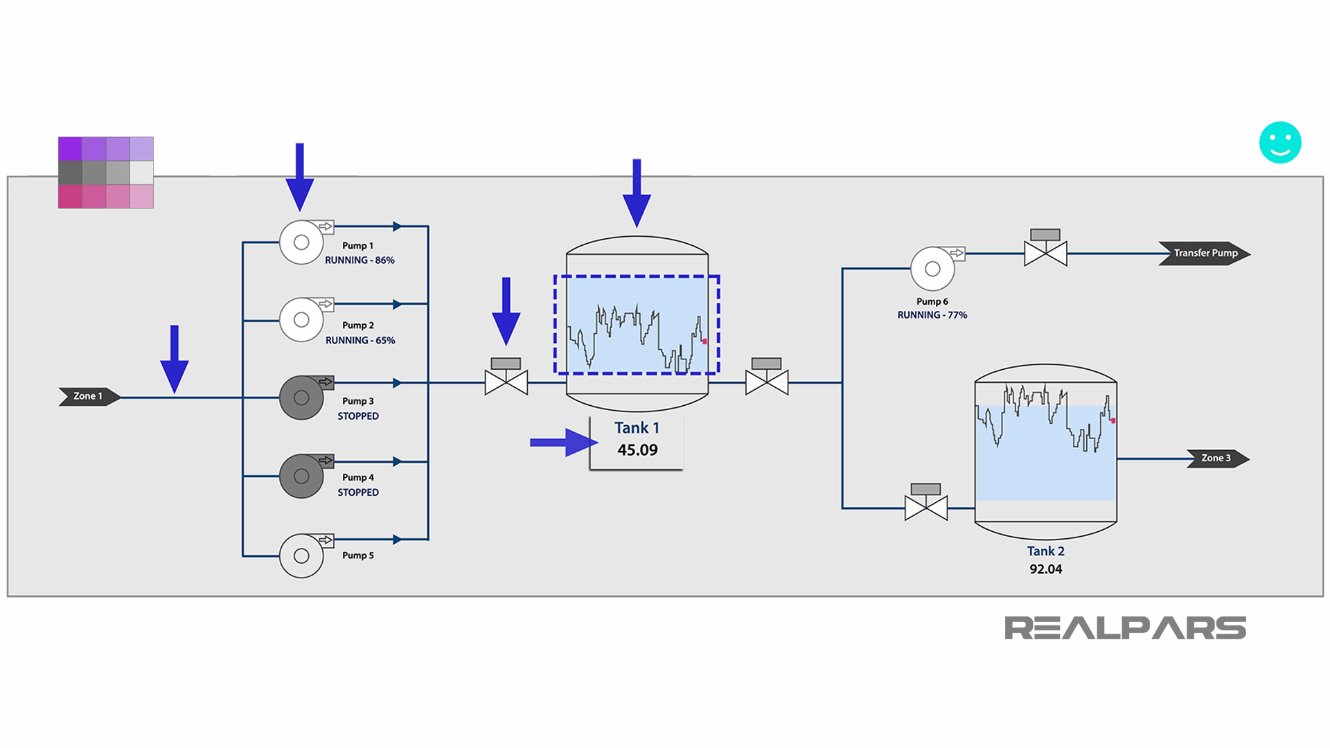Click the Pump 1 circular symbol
pyautogui.click(x=301, y=242)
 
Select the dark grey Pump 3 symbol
pyautogui.click(x=301, y=398)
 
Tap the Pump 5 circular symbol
pyautogui.click(x=301, y=555)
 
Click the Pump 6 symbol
pyautogui.click(x=932, y=269)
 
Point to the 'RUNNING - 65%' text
pyautogui.click(x=360, y=340)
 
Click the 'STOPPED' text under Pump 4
pyautogui.click(x=358, y=492)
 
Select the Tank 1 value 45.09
pyautogui.click(x=637, y=450)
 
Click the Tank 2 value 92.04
pyautogui.click(x=1045, y=569)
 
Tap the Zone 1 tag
pyautogui.click(x=89, y=396)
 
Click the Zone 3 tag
pyautogui.click(x=1217, y=458)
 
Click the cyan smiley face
pyautogui.click(x=1279, y=143)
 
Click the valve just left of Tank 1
pyautogui.click(x=506, y=382)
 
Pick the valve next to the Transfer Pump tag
pyautogui.click(x=1045, y=253)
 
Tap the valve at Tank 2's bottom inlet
pyautogui.click(x=926, y=508)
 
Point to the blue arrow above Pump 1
pyautogui.click(x=299, y=177)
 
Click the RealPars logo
pyautogui.click(x=1125, y=628)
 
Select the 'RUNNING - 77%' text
pyautogui.click(x=932, y=315)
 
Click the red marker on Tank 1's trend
pyautogui.click(x=704, y=341)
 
